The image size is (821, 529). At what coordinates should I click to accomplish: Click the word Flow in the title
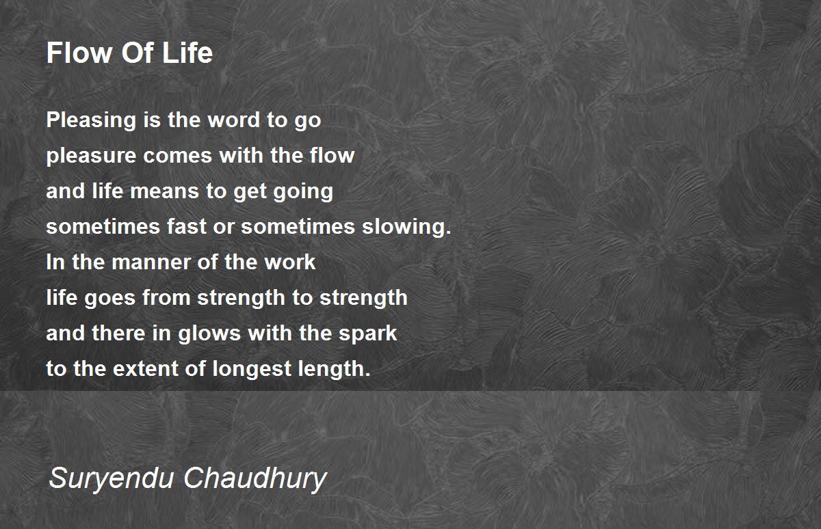pos(79,53)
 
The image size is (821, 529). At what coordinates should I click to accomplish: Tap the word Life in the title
pos(187,53)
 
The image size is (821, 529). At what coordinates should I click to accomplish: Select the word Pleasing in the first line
pos(91,121)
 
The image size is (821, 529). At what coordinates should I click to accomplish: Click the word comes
pos(178,156)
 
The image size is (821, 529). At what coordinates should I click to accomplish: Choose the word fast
pos(187,227)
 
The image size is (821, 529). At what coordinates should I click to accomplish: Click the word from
pos(166,297)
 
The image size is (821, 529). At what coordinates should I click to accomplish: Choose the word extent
pos(145,368)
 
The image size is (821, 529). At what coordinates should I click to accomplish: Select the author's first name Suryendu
pos(111,478)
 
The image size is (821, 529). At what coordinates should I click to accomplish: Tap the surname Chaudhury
pos(255,478)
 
